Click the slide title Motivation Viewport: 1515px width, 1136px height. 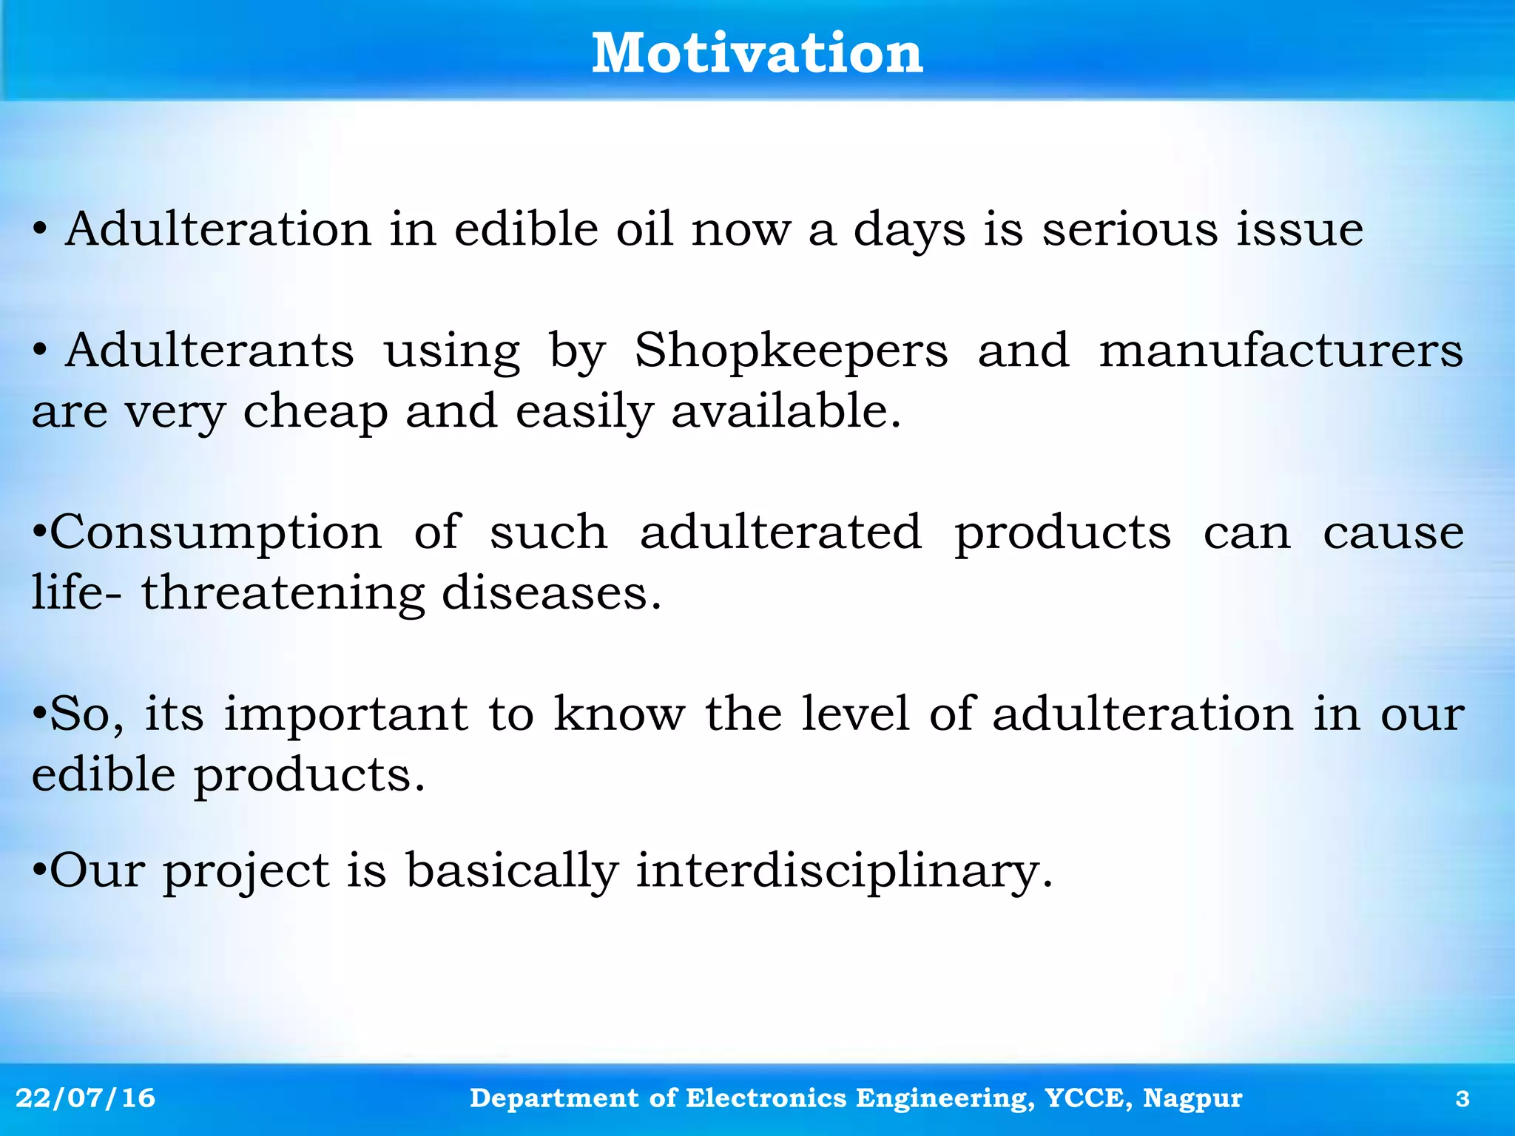click(757, 53)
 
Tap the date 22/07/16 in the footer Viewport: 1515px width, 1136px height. click(85, 1098)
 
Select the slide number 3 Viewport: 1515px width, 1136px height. click(1462, 1099)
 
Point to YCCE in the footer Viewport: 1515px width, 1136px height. click(1088, 1098)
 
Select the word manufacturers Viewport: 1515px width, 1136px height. click(1281, 351)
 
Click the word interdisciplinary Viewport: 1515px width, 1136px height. click(843, 871)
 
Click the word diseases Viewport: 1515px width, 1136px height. click(550, 593)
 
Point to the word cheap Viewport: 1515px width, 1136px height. click(316, 413)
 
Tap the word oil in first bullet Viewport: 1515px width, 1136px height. click(644, 229)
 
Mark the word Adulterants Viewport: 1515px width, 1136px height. click(209, 351)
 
